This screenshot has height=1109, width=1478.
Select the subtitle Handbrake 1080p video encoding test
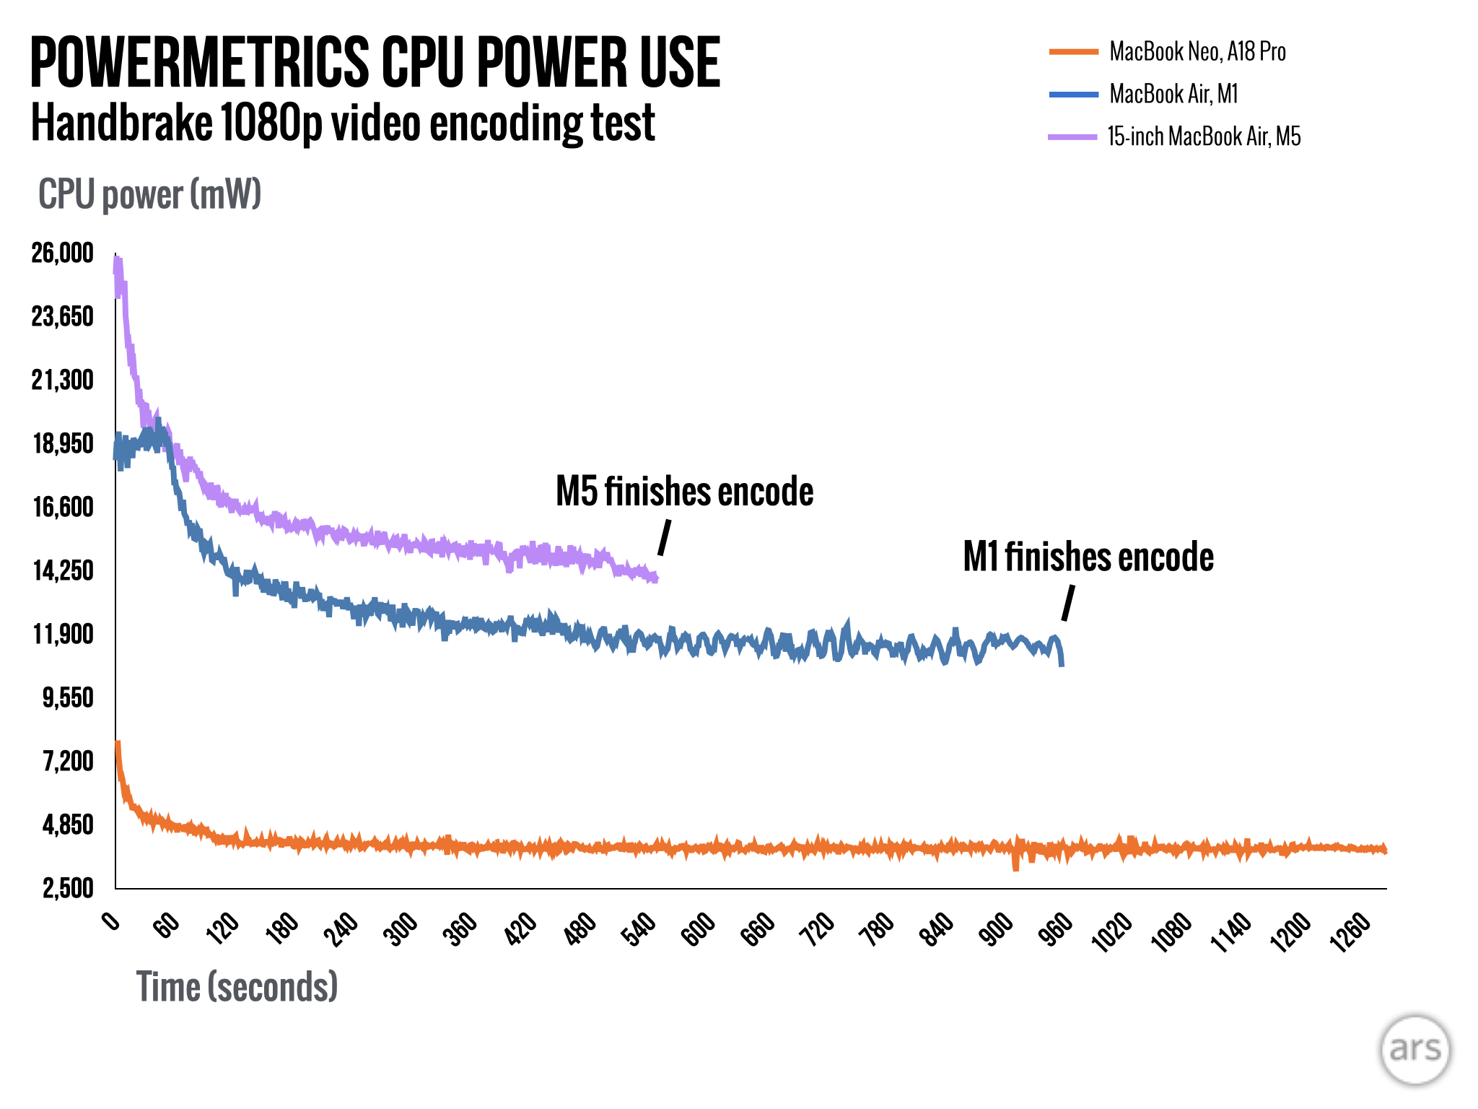pyautogui.click(x=343, y=123)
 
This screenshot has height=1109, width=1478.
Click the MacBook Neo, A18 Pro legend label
pyautogui.click(x=1197, y=52)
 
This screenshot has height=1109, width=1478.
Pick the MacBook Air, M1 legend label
pyautogui.click(x=1173, y=94)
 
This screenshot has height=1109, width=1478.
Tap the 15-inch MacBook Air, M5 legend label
pyautogui.click(x=1204, y=136)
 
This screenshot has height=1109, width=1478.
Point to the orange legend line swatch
pyautogui.click(x=1073, y=52)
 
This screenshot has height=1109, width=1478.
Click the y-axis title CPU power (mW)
pyautogui.click(x=149, y=194)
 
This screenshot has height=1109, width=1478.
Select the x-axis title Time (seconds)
pyautogui.click(x=237, y=986)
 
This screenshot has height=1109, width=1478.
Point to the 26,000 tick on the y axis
pyautogui.click(x=63, y=253)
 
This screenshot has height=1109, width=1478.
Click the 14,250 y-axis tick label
pyautogui.click(x=63, y=570)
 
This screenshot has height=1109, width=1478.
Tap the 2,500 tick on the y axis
pyautogui.click(x=68, y=888)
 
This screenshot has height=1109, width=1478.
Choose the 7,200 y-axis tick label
pyautogui.click(x=68, y=761)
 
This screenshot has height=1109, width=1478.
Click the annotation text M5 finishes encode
pyautogui.click(x=684, y=492)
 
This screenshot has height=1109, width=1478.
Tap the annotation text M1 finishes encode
pyautogui.click(x=1088, y=557)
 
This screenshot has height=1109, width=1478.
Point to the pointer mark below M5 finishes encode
pyautogui.click(x=664, y=538)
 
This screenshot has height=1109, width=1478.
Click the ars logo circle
pyautogui.click(x=1415, y=1050)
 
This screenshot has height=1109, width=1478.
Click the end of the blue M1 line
pyautogui.click(x=1062, y=663)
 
